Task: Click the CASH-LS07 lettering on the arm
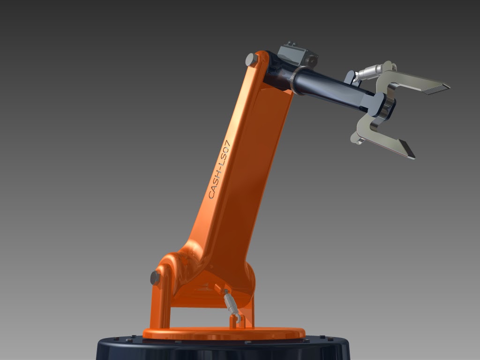(219, 169)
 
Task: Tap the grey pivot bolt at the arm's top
(251, 60)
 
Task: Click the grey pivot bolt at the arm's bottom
(155, 277)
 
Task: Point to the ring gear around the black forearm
(296, 80)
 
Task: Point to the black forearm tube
(333, 89)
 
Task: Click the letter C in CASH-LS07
(211, 194)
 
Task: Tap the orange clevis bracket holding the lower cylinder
(234, 322)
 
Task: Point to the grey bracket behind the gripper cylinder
(350, 77)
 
